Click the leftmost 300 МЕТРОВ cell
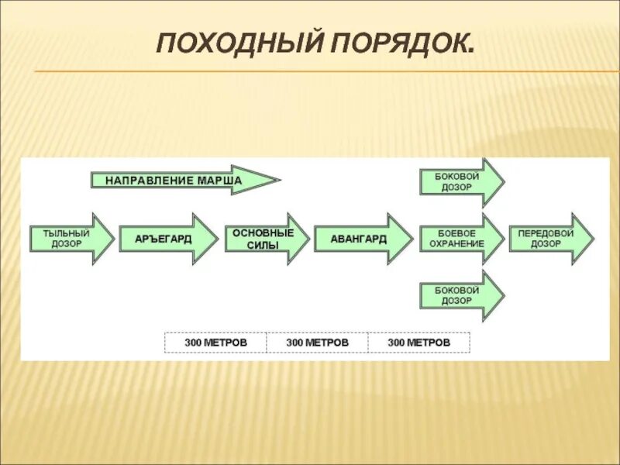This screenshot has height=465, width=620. (x=215, y=343)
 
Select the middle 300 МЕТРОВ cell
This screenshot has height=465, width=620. (x=317, y=343)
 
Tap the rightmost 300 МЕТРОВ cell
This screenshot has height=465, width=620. (x=418, y=343)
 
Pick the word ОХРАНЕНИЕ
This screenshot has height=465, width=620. (x=456, y=244)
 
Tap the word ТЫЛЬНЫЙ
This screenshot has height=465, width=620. (x=60, y=233)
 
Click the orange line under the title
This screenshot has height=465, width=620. (x=325, y=72)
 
